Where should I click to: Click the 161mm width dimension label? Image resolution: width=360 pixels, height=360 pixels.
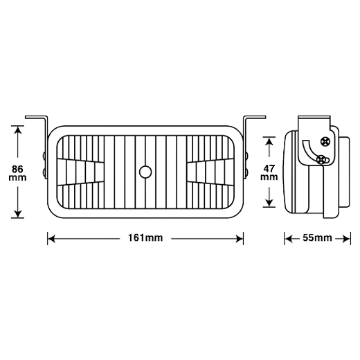[x=145, y=237]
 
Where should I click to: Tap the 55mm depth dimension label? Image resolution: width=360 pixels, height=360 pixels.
[x=317, y=237]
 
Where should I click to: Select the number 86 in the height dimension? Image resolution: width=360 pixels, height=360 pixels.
[x=17, y=170]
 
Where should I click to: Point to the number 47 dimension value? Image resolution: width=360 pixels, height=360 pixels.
[x=269, y=169]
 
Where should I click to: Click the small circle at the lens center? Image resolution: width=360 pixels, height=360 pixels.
[x=145, y=172]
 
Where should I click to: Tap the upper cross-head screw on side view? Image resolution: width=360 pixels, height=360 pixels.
[x=325, y=141]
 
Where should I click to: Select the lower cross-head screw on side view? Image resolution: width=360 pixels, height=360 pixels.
[x=321, y=160]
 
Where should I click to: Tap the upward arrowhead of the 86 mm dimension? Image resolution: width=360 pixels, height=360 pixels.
[x=18, y=130]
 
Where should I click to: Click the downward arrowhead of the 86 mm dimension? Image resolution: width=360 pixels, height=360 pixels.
[x=18, y=214]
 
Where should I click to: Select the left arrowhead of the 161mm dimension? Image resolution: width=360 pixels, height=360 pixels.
[x=51, y=239]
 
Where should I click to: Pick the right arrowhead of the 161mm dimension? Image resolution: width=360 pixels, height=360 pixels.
[x=240, y=239]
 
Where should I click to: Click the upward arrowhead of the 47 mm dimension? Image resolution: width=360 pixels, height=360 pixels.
[x=269, y=141]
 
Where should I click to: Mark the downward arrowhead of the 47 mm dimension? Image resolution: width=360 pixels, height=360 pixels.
[x=269, y=203]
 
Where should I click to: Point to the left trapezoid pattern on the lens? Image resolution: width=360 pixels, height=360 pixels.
[x=80, y=172]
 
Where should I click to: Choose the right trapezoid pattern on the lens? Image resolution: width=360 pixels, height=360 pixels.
[x=210, y=172]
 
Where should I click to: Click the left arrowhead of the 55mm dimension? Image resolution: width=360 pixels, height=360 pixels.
[x=289, y=239]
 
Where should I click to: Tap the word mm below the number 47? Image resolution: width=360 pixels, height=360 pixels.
[x=269, y=177]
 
